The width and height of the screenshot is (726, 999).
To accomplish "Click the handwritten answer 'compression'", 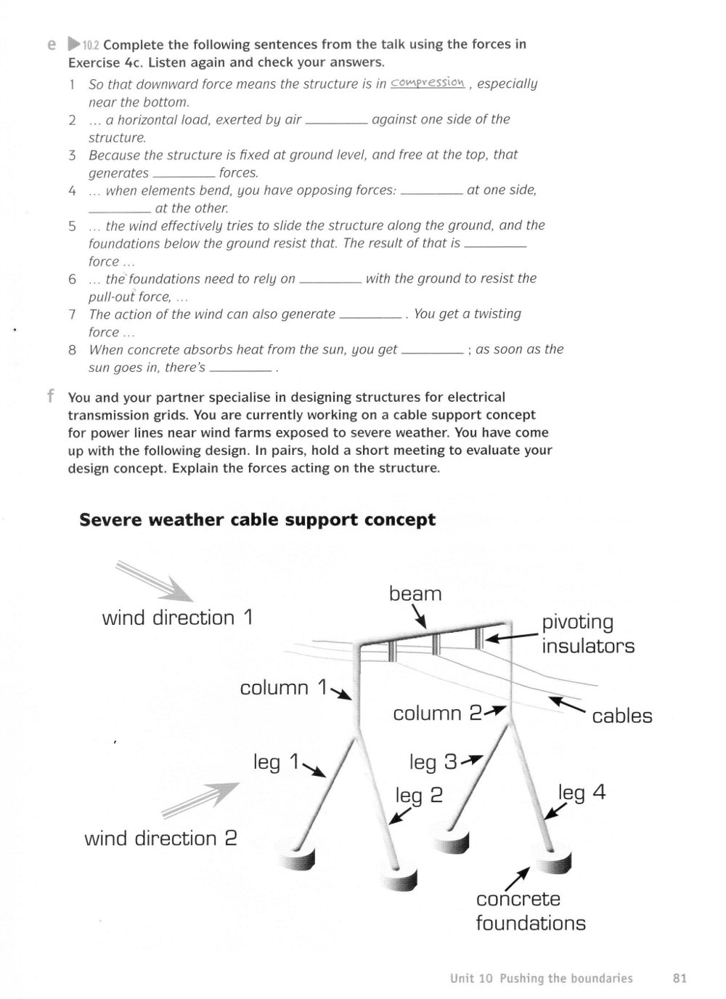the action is point(428,83).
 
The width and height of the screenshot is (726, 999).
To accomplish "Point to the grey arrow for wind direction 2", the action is point(200,800).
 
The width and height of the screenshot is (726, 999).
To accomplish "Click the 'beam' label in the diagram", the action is point(415,594).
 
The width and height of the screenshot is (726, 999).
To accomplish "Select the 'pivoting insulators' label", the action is point(588,634).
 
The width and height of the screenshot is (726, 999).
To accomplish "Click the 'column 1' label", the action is point(283,688).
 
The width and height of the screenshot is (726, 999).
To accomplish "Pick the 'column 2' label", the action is point(437,713).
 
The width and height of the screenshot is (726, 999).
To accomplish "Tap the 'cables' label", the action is point(621,716).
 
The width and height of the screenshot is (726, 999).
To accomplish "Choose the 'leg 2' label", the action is point(419,796).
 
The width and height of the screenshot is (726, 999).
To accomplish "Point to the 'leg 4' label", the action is point(582,793).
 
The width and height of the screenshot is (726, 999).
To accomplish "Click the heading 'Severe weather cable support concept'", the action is point(257,520).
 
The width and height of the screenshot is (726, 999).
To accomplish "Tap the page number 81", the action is point(680,978).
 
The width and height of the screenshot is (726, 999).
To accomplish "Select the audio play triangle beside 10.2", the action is point(73,44).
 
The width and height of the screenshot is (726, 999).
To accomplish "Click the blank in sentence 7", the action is point(370,317).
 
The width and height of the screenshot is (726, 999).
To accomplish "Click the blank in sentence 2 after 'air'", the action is point(336,123).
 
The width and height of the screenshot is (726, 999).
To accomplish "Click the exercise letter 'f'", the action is point(52,395).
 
